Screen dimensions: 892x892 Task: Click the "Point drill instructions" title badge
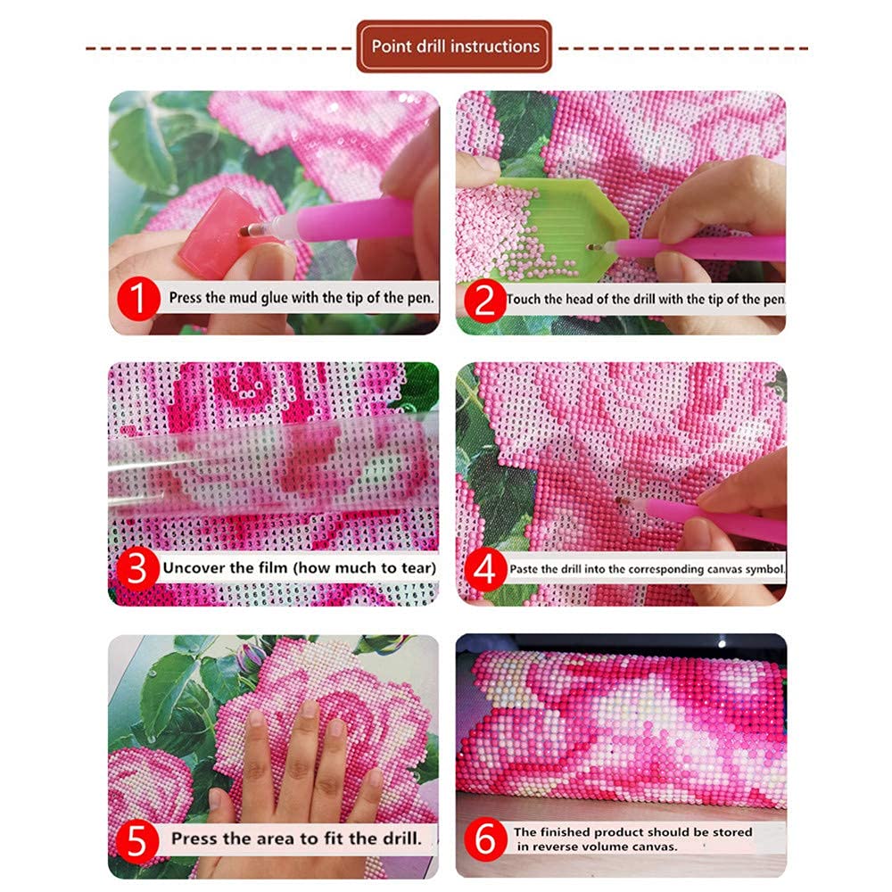click(x=454, y=46)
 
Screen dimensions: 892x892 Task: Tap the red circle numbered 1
click(x=138, y=299)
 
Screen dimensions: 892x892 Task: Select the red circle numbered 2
click(x=484, y=301)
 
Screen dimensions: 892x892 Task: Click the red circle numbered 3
click(x=137, y=569)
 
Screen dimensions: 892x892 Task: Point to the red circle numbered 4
click(x=485, y=569)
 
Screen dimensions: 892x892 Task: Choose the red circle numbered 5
click(x=137, y=840)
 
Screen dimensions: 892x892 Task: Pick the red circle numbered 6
click(x=485, y=840)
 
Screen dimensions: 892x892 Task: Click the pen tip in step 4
click(x=620, y=501)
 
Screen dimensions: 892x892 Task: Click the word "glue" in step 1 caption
click(x=275, y=298)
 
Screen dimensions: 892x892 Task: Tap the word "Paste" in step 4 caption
click(x=524, y=569)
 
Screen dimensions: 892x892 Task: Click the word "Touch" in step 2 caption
click(x=522, y=299)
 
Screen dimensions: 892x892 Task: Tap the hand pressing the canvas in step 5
click(x=297, y=780)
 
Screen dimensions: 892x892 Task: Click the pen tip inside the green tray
click(x=593, y=247)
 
